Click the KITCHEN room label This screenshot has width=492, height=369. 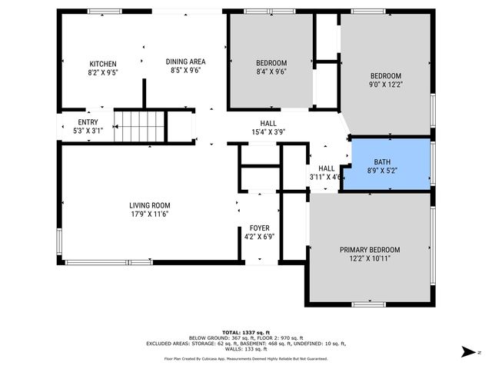pos(103,64)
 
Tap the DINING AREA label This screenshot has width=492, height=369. pos(185,61)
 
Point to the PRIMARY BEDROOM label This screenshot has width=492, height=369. pos(370,250)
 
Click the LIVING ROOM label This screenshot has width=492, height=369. pos(150,205)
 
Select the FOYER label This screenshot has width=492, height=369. pos(259,228)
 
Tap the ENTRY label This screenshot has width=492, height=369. pos(88,122)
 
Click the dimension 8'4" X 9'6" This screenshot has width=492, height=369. pos(271,71)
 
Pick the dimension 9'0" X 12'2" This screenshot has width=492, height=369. pos(385,85)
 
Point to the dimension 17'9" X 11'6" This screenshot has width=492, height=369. pos(150,214)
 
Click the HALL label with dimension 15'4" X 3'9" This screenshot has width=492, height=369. pos(268,123)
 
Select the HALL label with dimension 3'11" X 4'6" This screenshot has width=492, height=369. pos(326,168)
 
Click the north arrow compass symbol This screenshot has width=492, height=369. pos(466,352)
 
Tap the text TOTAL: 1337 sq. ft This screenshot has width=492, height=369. pos(245,331)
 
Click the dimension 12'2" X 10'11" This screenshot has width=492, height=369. pos(370,259)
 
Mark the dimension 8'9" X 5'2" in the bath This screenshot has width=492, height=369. pos(382,171)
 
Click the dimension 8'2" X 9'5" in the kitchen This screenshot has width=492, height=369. pos(103,73)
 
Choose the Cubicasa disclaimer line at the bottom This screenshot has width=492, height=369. pos(245,358)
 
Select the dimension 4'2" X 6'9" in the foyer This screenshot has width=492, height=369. pos(259,237)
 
